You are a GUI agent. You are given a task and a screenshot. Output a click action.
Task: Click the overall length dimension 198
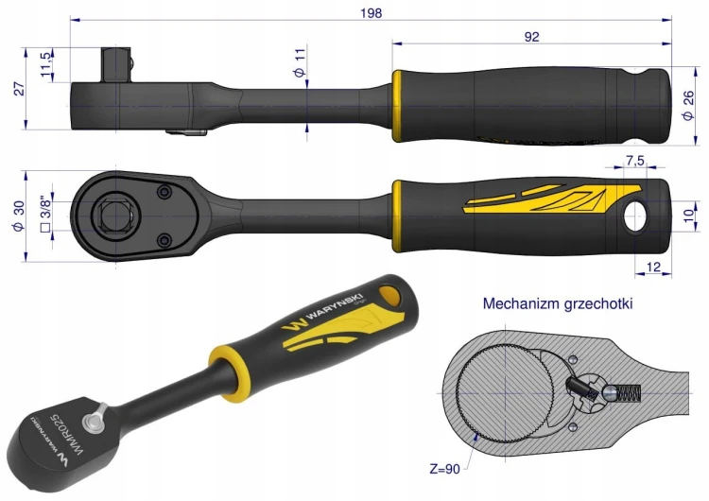pyautogui.click(x=371, y=13)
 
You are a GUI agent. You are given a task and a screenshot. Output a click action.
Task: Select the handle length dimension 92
pyautogui.click(x=531, y=37)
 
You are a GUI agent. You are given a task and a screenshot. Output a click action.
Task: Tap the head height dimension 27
pyautogui.click(x=20, y=89)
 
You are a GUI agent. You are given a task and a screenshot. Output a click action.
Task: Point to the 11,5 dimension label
pyautogui.click(x=46, y=64)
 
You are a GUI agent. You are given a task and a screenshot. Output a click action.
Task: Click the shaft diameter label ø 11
pyautogui.click(x=300, y=62)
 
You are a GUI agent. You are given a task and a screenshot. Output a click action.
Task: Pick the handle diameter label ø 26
pyautogui.click(x=688, y=105)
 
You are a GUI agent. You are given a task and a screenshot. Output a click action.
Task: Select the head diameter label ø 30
pyautogui.click(x=20, y=216)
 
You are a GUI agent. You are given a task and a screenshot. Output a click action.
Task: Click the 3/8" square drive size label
pyautogui.click(x=45, y=214)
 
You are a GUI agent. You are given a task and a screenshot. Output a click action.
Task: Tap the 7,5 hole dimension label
pyautogui.click(x=635, y=161)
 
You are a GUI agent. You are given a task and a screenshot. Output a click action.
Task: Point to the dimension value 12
pyautogui.click(x=654, y=268)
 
